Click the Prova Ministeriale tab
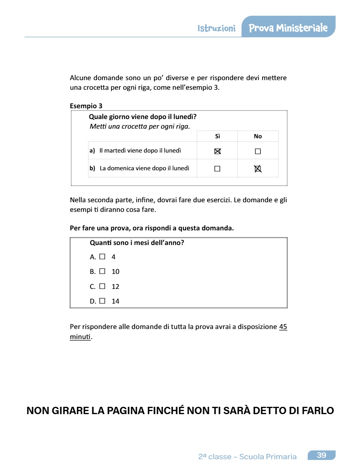[x=288, y=28]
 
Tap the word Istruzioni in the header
[x=216, y=29]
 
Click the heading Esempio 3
[x=86, y=106]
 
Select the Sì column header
[x=218, y=136]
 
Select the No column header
[x=258, y=136]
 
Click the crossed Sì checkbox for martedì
[x=218, y=151]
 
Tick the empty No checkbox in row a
[x=258, y=151]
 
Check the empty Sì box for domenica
[x=217, y=169]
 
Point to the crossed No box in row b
[x=258, y=169]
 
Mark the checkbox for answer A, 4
[x=102, y=257]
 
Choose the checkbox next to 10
[x=102, y=271]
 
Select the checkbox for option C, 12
[x=102, y=286]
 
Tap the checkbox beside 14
[x=102, y=301]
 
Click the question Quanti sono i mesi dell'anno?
[x=137, y=243]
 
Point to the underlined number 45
[x=283, y=327]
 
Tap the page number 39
[x=321, y=455]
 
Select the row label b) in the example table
[x=92, y=168]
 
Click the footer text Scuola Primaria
[x=268, y=457]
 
